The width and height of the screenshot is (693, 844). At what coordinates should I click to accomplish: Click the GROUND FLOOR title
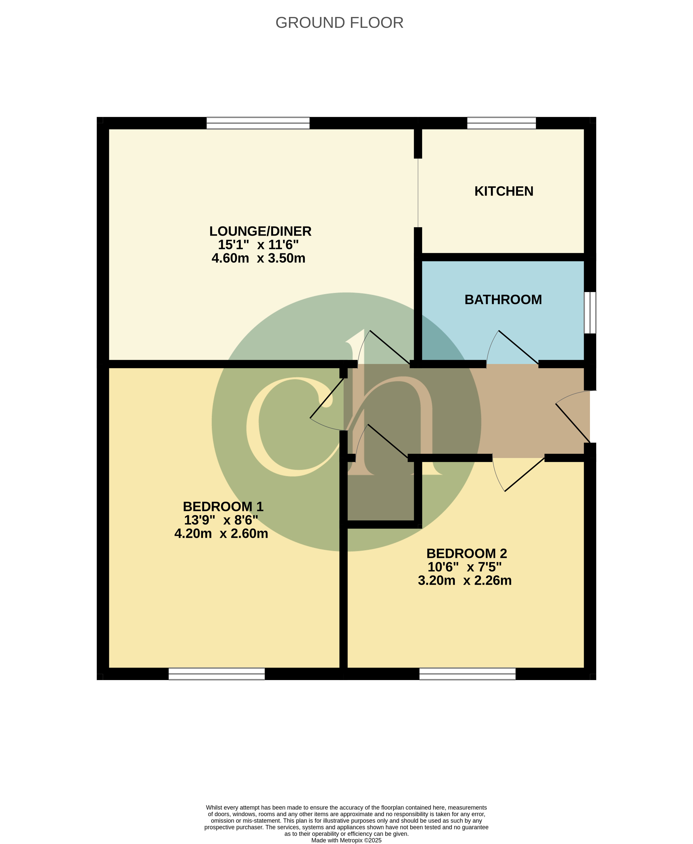click(339, 23)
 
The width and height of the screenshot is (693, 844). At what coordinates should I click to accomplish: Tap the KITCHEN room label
click(504, 191)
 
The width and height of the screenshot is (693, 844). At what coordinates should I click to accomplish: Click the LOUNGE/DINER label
click(260, 231)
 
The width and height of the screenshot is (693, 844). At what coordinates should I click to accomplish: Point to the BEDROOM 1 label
click(223, 507)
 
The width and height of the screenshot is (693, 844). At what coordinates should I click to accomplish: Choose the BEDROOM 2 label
click(467, 553)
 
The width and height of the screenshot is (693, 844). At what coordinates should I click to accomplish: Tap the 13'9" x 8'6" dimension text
click(221, 520)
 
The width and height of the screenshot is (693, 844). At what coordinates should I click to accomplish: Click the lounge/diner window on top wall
click(258, 123)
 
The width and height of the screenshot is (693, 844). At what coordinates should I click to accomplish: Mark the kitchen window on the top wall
click(501, 123)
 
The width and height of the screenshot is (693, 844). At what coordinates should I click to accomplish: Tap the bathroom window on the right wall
click(590, 313)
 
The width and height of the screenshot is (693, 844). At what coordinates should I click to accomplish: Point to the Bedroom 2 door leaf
click(525, 475)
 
